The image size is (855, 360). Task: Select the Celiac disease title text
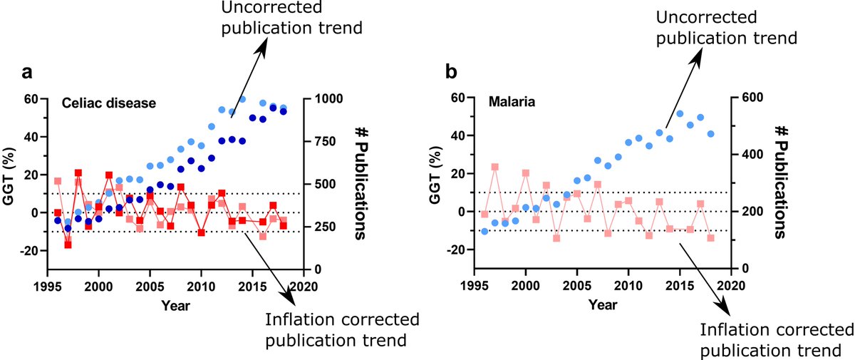click(108, 103)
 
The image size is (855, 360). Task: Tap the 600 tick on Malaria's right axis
click(747, 98)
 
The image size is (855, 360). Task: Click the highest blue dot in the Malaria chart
click(680, 114)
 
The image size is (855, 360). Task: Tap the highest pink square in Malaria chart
click(494, 167)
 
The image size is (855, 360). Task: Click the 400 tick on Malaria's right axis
click(747, 155)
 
